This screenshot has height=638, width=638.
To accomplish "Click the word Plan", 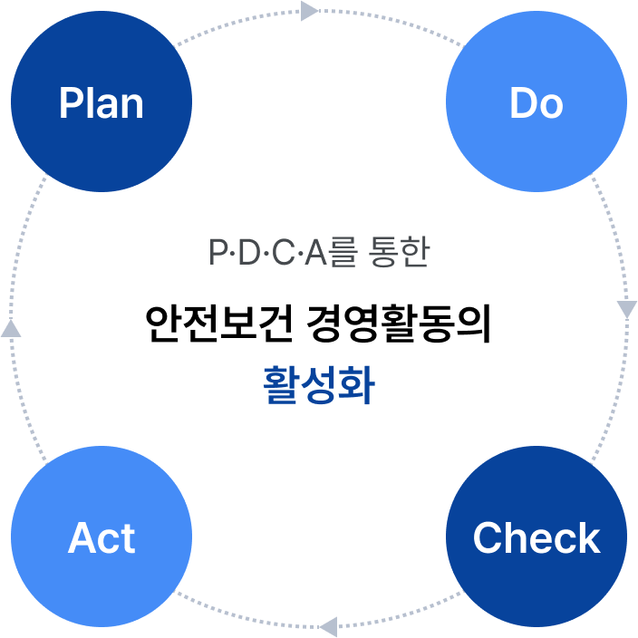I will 101,103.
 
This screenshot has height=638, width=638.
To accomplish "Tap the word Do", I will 536,103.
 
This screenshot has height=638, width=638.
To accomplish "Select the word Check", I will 536,538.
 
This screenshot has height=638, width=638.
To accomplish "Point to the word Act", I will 101,538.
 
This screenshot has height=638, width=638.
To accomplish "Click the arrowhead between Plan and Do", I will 309,11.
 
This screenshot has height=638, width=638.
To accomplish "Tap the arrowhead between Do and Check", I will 627,309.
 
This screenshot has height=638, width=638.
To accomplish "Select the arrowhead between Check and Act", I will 328,625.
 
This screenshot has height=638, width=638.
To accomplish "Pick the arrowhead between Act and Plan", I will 11,328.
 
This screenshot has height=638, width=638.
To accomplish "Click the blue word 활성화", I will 318,384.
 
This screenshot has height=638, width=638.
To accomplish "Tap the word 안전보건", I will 215,324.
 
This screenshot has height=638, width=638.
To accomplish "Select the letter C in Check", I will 488,538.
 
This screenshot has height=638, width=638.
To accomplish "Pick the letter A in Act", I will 82,538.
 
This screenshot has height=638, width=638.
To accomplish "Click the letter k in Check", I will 589,538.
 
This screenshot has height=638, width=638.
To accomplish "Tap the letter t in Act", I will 129,538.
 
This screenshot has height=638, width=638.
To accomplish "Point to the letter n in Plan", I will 132,105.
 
